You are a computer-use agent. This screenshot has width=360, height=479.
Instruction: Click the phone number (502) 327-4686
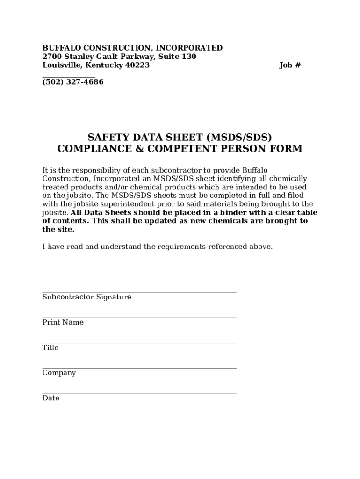click(73, 82)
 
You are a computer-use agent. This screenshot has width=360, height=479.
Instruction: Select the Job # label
click(290, 65)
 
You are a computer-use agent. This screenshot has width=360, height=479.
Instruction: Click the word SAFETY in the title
click(110, 137)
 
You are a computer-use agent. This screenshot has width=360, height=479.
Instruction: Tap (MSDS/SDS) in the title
click(239, 137)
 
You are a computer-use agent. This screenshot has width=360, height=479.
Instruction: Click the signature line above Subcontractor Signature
click(139, 292)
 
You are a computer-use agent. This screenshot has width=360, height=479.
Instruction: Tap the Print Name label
click(63, 322)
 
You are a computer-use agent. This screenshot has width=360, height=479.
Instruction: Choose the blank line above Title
click(139, 343)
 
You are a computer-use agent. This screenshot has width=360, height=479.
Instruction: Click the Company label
click(59, 373)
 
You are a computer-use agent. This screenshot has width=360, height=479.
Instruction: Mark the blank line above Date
click(139, 394)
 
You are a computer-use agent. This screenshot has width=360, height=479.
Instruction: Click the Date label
click(50, 398)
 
